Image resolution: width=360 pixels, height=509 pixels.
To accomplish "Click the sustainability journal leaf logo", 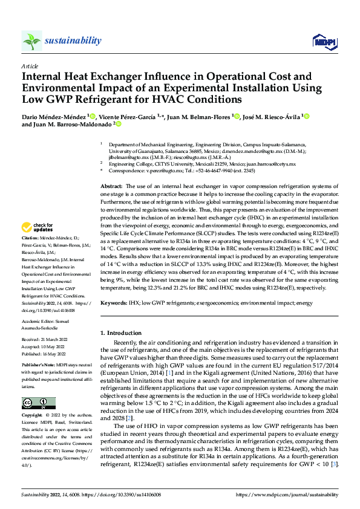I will (31, 41).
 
